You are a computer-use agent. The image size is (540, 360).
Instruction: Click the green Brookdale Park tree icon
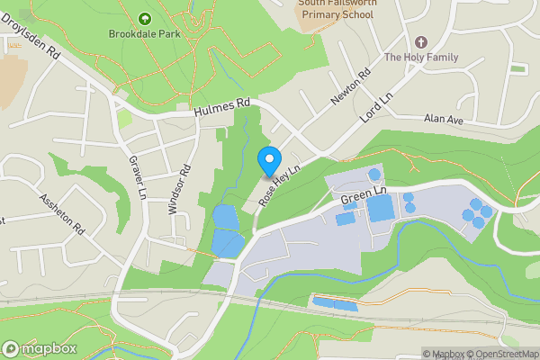(x=145, y=17)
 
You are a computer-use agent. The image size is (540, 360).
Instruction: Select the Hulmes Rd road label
(x=220, y=108)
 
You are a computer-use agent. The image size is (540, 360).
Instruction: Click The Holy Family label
(x=420, y=58)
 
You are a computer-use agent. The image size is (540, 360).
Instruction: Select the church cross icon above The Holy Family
(x=420, y=42)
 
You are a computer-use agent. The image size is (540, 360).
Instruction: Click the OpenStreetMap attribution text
(x=505, y=354)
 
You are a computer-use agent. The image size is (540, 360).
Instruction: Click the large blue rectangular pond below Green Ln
(x=381, y=209)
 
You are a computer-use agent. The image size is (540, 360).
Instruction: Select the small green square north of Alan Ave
(x=517, y=68)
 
